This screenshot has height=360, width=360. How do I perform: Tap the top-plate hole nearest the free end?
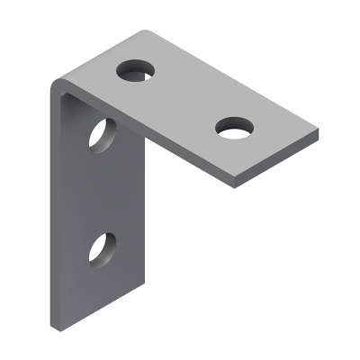pyautogui.click(x=235, y=129)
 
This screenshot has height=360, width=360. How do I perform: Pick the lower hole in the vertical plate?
pyautogui.click(x=102, y=247)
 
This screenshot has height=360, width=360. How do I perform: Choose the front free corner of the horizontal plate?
pyautogui.click(x=235, y=185)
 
